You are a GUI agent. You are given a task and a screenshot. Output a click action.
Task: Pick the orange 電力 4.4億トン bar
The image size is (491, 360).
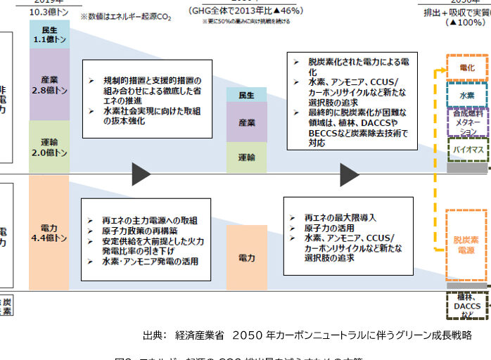click(x=49, y=233)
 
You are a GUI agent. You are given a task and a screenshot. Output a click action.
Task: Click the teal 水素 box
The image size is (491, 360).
click(x=466, y=95)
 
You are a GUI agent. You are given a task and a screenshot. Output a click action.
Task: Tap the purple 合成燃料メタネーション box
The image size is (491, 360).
click(x=466, y=122)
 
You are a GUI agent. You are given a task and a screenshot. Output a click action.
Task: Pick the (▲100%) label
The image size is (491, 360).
click(x=466, y=22)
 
